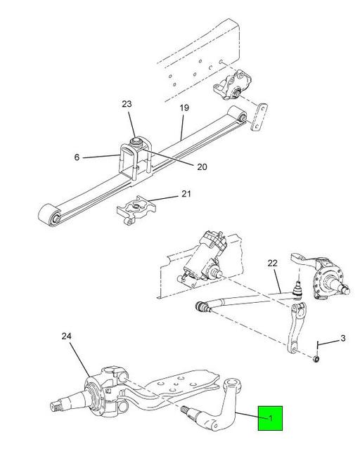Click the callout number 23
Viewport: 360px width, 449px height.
[127, 104]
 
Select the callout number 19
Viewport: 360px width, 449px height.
[184, 108]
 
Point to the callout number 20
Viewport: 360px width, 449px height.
[182, 167]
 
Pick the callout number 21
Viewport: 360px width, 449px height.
[186, 194]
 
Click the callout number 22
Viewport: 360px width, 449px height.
[274, 263]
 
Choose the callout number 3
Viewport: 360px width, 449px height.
[342, 339]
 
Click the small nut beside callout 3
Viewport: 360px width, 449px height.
[318, 358]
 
